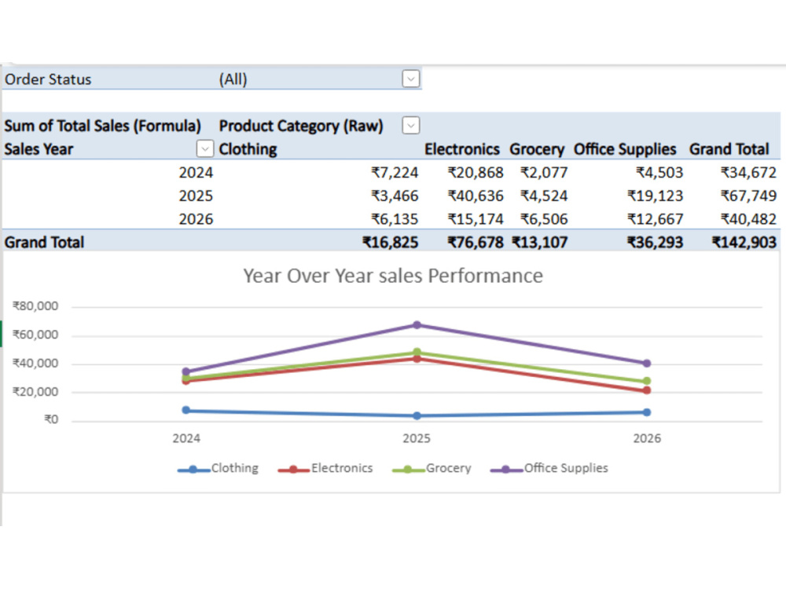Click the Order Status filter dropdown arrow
coord(410,79)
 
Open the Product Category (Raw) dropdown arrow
coord(410,125)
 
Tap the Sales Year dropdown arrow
coord(204,148)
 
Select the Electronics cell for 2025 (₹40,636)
coord(476,196)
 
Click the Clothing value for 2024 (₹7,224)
coord(395,173)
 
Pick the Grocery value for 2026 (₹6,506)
coord(544,219)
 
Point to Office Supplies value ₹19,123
coord(656,196)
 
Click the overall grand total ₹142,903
coord(744,243)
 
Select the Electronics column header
coord(461,149)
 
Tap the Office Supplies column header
coord(625,149)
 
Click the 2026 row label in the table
coord(196,219)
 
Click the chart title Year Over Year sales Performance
coord(393,276)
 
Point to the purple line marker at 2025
coord(417,325)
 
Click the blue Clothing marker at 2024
coord(186,410)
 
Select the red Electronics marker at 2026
coord(647,390)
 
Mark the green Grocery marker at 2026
coord(647,381)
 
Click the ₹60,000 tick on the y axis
coord(35,335)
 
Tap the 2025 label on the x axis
coord(417,438)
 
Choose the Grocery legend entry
coord(432,468)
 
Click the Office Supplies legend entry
coord(549,468)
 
